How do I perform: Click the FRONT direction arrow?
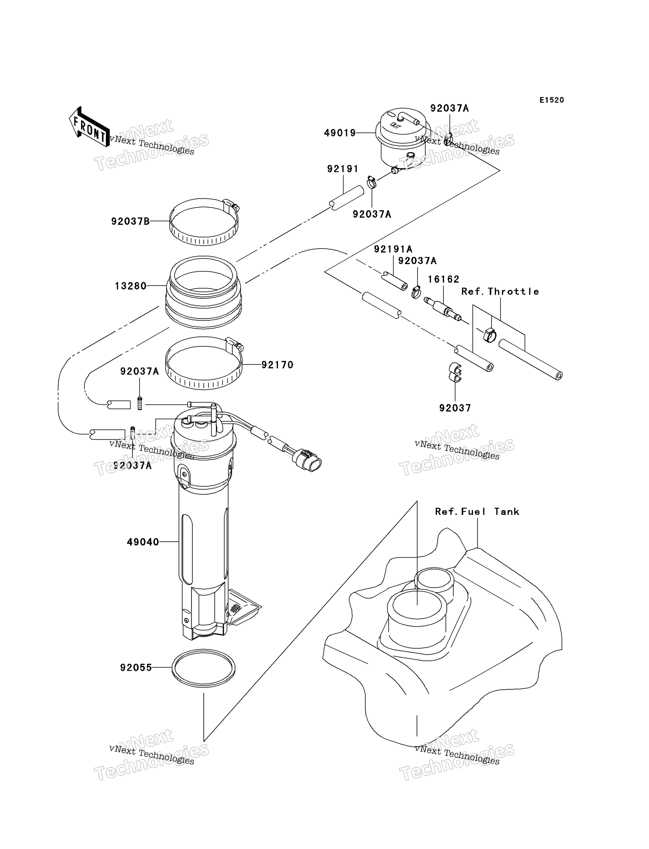coord(89,127)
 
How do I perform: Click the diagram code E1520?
coord(551,100)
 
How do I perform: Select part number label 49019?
coord(340,133)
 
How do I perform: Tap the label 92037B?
coord(130,222)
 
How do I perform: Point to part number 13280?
coord(131,286)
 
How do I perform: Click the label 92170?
coord(277,365)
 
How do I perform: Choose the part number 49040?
coord(143,542)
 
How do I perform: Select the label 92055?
coord(136,668)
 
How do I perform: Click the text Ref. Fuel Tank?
coord(477,512)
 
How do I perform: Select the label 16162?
coord(444,279)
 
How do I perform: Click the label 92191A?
coord(393,249)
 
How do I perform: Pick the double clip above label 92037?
coord(455,372)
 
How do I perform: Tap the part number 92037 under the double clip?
coord(455,408)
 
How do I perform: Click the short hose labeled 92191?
coord(346,198)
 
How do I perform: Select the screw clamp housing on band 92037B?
coord(232,205)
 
